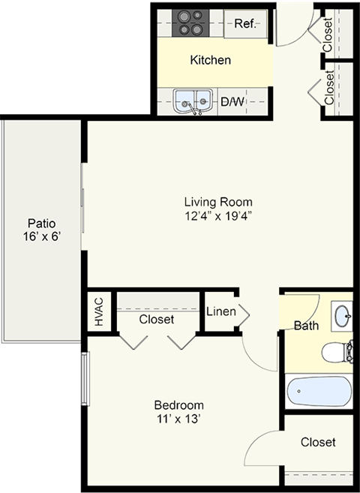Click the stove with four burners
click(190, 23)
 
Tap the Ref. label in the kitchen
click(244, 23)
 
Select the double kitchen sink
click(192, 101)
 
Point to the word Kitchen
click(210, 60)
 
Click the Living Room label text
click(218, 201)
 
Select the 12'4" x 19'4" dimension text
click(218, 217)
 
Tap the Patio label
click(41, 223)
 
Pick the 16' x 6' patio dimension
click(41, 237)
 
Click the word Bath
click(306, 326)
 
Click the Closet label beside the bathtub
click(318, 443)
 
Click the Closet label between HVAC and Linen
click(156, 319)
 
